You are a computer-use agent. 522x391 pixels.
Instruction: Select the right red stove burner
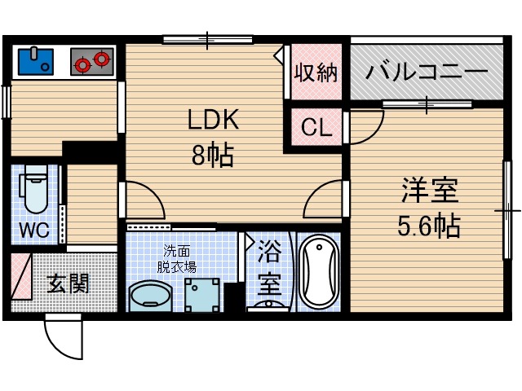101,59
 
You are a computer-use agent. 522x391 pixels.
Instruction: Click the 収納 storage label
316,73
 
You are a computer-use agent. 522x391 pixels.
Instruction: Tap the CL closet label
316,128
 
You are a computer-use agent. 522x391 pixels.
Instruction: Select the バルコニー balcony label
426,72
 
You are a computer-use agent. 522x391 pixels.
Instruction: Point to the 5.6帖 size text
428,226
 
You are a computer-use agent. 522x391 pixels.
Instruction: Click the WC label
34,231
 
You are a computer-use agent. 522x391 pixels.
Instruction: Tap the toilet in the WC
35,194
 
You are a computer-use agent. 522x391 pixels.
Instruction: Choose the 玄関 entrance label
68,283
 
